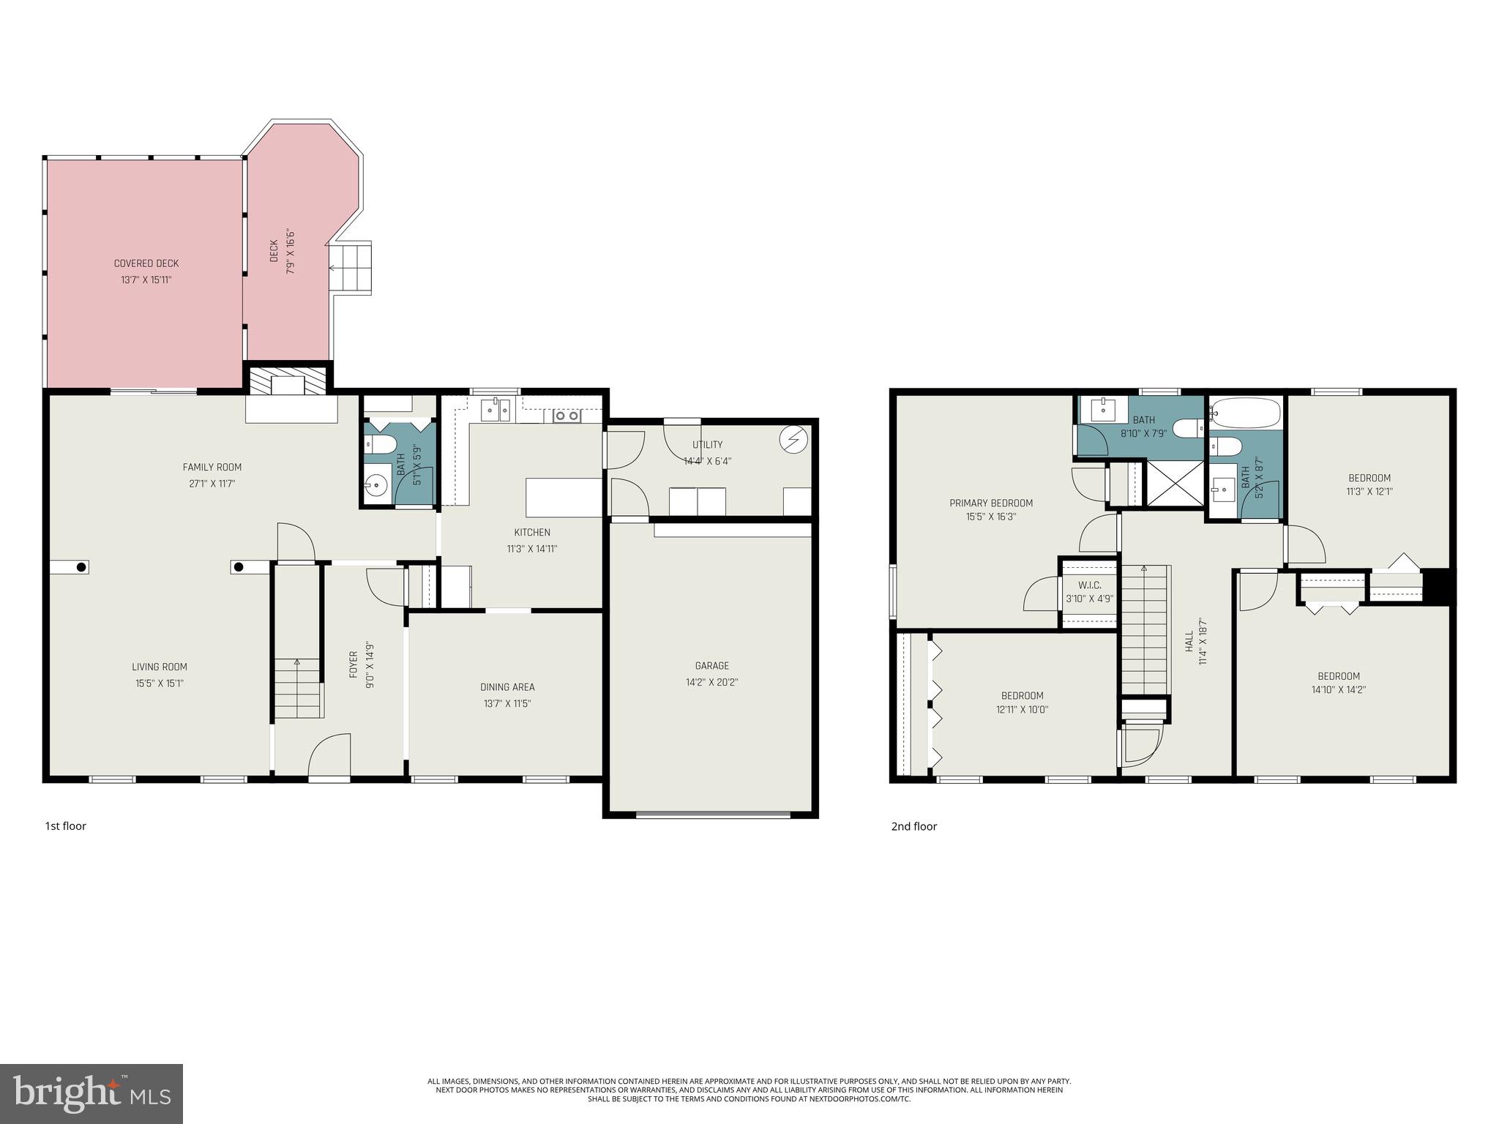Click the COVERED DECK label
point(146,263)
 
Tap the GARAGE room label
point(711,666)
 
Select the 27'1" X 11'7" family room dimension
point(212,484)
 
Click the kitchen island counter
point(564,498)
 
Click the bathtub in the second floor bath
point(1245,413)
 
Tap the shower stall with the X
point(1175,483)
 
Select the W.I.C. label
point(1089,585)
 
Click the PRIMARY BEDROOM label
point(991,503)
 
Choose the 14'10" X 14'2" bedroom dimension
point(1339,689)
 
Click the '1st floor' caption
point(66,826)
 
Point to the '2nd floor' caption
point(913,827)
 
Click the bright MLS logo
point(91,1095)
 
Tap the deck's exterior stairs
point(351,268)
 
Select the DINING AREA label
point(507,687)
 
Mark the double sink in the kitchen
point(496,411)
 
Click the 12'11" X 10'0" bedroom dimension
point(1022,709)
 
